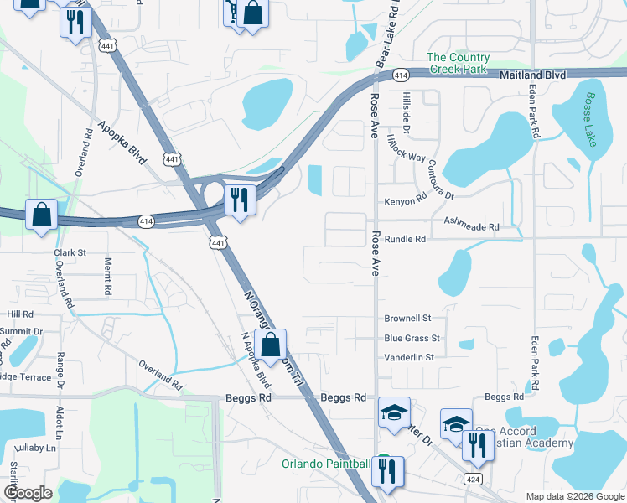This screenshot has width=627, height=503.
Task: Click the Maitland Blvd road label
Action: (533, 75)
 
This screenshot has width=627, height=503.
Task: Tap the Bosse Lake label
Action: (592, 119)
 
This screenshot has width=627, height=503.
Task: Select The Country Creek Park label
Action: (458, 63)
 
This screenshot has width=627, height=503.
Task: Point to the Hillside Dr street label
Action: (406, 113)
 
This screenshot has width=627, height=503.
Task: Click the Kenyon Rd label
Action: (406, 202)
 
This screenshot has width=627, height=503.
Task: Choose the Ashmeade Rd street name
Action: (471, 226)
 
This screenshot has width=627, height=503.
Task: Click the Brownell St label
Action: (407, 319)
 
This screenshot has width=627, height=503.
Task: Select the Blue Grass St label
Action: (412, 338)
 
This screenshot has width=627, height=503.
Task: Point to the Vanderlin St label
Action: (409, 357)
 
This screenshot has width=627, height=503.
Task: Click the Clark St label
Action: (70, 252)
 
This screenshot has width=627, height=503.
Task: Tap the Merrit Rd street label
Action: (109, 276)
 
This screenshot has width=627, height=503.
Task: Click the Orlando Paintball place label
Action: (326, 464)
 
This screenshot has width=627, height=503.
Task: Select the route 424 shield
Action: (473, 477)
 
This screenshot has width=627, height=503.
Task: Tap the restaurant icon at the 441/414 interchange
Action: (240, 200)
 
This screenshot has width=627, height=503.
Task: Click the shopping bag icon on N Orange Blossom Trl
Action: (271, 344)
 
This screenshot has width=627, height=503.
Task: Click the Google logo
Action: (28, 493)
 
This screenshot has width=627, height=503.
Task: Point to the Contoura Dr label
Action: (441, 179)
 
